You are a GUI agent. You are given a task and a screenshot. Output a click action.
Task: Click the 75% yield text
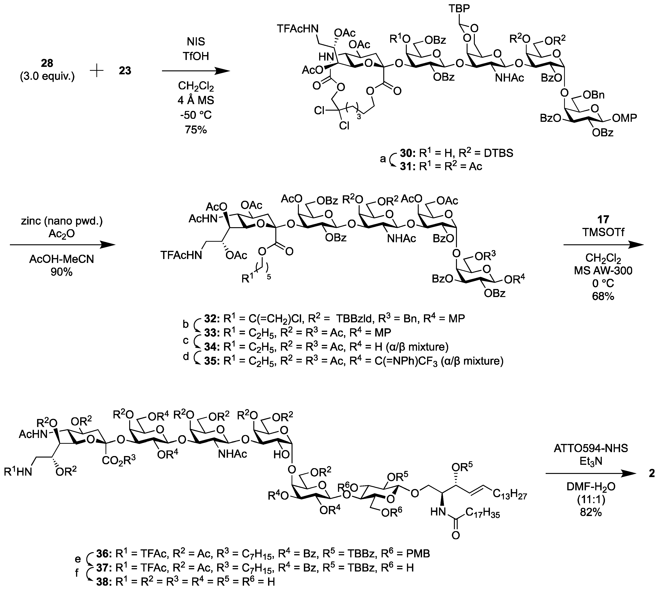(x=196, y=130)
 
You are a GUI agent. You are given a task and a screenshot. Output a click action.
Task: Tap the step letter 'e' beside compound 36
(x=77, y=559)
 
